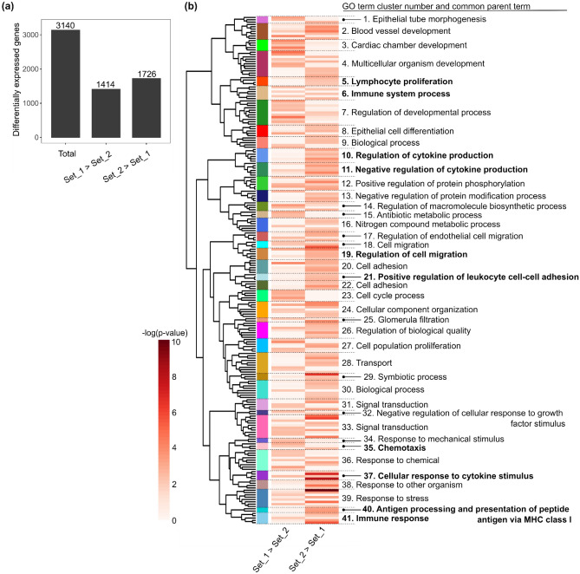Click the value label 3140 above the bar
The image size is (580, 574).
pyautogui.click(x=66, y=24)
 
